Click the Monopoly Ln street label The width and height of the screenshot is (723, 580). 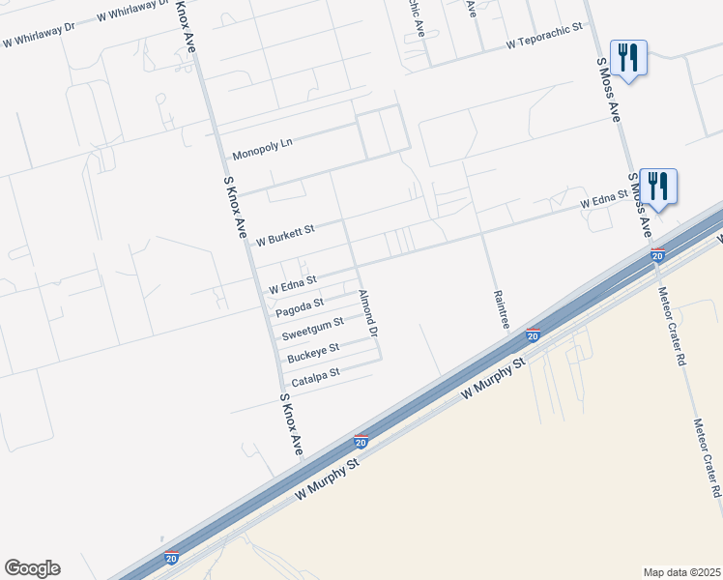click(262, 147)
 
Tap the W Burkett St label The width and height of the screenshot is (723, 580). click(285, 233)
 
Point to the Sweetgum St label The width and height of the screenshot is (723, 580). click(312, 329)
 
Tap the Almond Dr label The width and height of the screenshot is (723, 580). click(367, 312)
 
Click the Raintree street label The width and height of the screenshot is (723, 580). click(500, 309)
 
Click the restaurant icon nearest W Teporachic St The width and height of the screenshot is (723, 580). click(628, 59)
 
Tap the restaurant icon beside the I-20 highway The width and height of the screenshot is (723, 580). click(658, 186)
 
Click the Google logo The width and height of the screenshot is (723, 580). click(32, 568)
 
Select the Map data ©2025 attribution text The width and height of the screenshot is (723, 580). click(681, 571)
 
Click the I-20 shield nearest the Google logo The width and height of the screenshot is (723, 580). click(171, 558)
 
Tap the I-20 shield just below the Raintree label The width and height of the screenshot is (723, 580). click(533, 335)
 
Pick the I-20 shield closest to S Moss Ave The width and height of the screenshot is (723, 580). click(657, 255)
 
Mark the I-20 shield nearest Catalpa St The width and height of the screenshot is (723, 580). click(361, 441)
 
